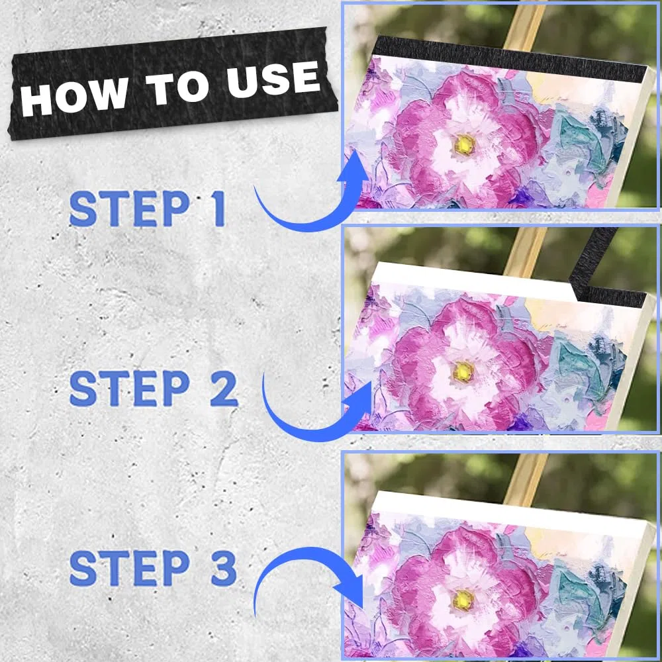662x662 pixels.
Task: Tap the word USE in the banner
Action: tap(273, 79)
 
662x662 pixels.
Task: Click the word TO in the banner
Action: tap(177, 88)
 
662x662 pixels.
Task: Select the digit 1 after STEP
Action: tap(218, 208)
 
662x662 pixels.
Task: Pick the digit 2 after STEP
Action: tap(224, 389)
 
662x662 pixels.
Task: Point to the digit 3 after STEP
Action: tap(224, 567)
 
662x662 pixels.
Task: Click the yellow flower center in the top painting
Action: tap(465, 144)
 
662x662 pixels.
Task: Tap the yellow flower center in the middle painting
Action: tap(463, 371)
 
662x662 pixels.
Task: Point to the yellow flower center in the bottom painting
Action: tap(463, 600)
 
